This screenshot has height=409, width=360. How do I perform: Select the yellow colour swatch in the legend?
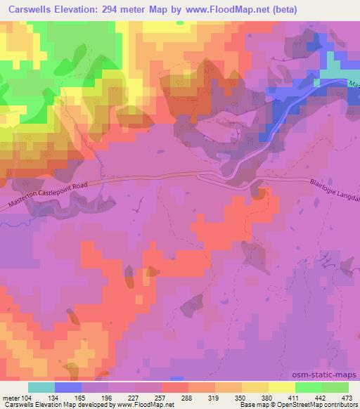(x=282, y=387)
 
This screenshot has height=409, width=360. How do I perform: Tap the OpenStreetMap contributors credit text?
(x=320, y=405)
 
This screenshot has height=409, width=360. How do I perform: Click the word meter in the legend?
(x=13, y=397)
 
